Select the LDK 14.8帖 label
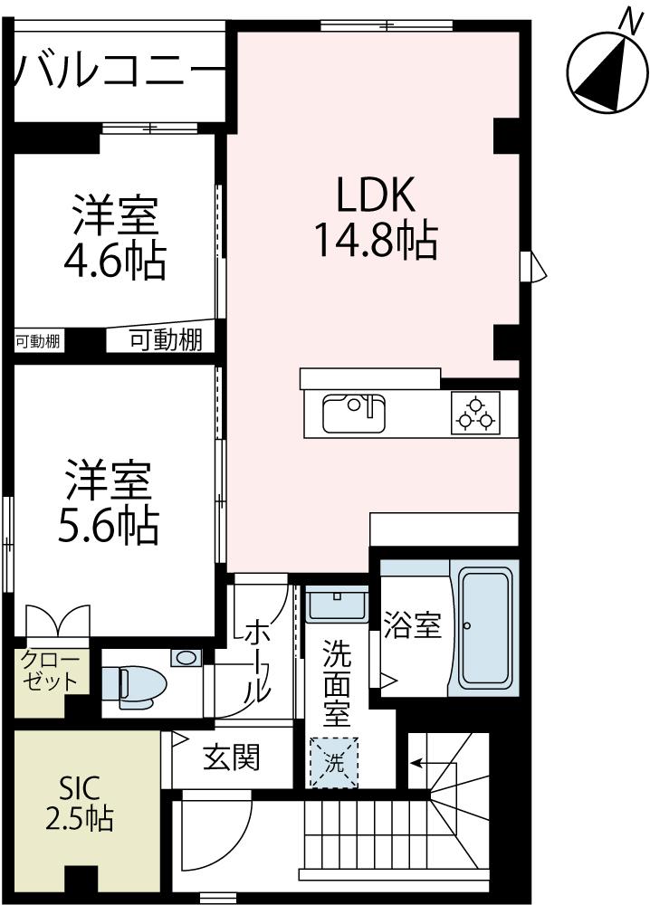pyautogui.click(x=376, y=217)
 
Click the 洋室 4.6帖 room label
pyautogui.click(x=114, y=237)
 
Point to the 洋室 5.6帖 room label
pyautogui.click(x=109, y=502)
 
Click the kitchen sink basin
pyautogui.click(x=354, y=414)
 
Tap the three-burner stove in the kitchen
pyautogui.click(x=475, y=413)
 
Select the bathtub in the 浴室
pyautogui.click(x=484, y=626)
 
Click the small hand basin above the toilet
pyautogui.click(x=186, y=658)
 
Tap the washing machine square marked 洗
pyautogui.click(x=334, y=761)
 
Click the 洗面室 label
pyautogui.click(x=336, y=682)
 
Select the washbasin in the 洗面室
pyautogui.click(x=336, y=604)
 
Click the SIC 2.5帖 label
pyautogui.click(x=80, y=802)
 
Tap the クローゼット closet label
pyautogui.click(x=51, y=671)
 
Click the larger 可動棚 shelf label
pyautogui.click(x=165, y=340)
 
